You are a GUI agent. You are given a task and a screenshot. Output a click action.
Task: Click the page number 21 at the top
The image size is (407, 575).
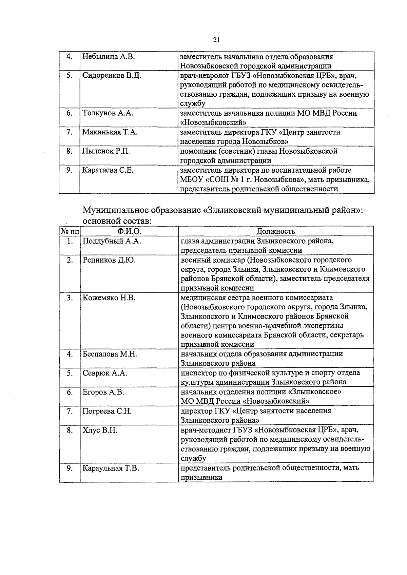pyautogui.click(x=217, y=40)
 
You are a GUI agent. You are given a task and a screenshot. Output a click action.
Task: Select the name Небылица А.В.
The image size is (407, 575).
pyautogui.click(x=109, y=57)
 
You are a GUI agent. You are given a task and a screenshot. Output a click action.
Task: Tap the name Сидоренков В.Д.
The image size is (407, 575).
pyautogui.click(x=112, y=75)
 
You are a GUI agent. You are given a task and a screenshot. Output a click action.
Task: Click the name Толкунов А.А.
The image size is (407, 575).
pyautogui.click(x=108, y=113)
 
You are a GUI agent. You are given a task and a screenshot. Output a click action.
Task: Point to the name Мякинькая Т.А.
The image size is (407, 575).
pyautogui.click(x=110, y=132)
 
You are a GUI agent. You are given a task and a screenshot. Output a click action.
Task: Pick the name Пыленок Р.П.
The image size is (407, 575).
pyautogui.click(x=106, y=151)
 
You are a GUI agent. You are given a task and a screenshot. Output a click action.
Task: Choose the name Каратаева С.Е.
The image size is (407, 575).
pyautogui.click(x=108, y=170)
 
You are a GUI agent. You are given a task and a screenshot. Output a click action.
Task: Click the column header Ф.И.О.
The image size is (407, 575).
pyautogui.click(x=129, y=231)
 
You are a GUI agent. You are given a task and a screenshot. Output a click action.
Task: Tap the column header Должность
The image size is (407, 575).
pyautogui.click(x=275, y=231)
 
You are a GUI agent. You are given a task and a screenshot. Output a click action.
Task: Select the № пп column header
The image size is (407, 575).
pyautogui.click(x=70, y=231)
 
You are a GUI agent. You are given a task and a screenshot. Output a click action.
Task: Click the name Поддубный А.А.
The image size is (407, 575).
pyautogui.click(x=112, y=241)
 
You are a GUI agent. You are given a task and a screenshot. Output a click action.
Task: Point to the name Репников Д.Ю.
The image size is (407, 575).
pyautogui.click(x=109, y=260)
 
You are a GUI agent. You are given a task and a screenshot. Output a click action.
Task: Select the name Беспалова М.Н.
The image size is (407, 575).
pyautogui.click(x=110, y=354)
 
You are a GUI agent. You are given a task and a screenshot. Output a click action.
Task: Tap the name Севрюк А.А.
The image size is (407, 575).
pyautogui.click(x=105, y=373)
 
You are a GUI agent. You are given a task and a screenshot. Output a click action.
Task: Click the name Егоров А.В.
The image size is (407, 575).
pyautogui.click(x=103, y=392)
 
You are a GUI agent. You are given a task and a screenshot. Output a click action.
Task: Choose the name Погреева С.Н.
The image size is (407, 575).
pyautogui.click(x=107, y=411)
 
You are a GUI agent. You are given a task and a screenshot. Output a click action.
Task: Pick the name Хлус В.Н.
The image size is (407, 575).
pyautogui.click(x=100, y=430)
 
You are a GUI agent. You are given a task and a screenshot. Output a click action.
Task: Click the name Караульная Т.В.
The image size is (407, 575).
pyautogui.click(x=111, y=468)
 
